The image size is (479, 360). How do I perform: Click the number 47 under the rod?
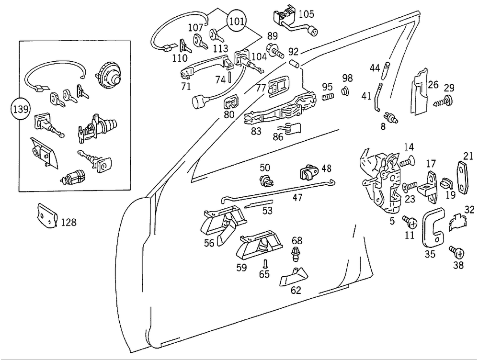pyautogui.click(x=297, y=197)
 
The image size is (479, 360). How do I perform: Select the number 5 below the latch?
pyautogui.click(x=392, y=221)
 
